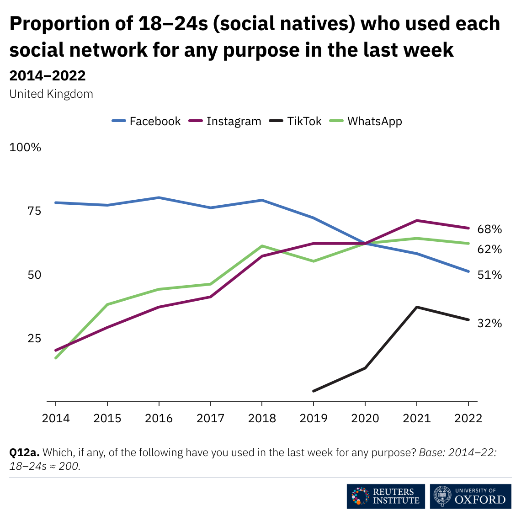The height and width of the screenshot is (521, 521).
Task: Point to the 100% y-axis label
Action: point(25,148)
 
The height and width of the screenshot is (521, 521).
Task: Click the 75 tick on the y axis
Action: point(34,211)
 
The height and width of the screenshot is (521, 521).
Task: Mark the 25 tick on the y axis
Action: point(34,339)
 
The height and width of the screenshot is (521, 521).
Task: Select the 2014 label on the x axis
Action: point(56,418)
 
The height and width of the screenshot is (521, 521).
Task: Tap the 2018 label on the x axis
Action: point(262,418)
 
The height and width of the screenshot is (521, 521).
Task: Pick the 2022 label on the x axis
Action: point(468,418)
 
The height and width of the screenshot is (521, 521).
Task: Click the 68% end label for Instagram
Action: point(489,229)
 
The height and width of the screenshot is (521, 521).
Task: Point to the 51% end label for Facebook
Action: point(489,275)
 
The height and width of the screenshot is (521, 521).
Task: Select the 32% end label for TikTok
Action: point(489,324)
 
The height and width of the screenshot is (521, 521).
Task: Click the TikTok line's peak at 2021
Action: point(416,307)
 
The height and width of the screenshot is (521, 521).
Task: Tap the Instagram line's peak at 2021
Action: point(416,221)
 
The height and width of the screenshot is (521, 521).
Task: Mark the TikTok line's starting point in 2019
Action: point(314,391)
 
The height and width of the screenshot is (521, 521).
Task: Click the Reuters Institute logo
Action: point(386,496)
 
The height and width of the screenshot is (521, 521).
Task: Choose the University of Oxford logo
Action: point(471,496)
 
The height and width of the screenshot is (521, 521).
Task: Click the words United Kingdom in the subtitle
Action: point(51,94)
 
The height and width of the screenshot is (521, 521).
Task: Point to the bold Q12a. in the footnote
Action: point(24,452)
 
